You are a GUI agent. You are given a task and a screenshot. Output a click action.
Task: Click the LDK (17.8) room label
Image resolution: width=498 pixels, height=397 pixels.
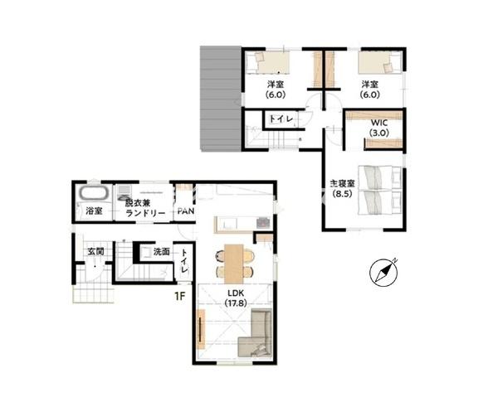236,298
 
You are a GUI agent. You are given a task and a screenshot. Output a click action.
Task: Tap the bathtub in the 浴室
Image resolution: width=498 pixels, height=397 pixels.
95,193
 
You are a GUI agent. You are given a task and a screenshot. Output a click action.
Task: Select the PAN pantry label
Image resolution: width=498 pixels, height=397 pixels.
186,211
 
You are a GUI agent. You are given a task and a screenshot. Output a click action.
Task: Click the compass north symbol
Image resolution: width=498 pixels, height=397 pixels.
384,272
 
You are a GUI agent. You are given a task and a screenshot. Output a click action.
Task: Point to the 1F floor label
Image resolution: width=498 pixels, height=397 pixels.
180,296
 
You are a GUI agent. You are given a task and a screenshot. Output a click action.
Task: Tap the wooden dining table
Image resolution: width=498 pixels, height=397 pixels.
233,264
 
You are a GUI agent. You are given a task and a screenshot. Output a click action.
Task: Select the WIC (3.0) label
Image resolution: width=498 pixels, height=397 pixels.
379,127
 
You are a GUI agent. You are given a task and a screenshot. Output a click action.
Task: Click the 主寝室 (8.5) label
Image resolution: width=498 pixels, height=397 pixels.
342,188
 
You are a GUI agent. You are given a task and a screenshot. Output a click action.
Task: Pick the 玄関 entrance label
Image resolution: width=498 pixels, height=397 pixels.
96,252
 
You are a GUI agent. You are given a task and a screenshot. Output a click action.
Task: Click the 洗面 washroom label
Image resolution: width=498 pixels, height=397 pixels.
161,252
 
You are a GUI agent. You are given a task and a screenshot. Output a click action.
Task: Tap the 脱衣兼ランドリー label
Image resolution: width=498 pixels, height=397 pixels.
144,208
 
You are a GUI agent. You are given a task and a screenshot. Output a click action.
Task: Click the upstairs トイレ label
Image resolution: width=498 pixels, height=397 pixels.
281,119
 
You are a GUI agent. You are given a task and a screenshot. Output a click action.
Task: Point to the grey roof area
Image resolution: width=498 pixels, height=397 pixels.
221,99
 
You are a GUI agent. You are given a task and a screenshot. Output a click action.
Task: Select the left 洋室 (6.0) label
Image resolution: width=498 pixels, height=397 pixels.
276,90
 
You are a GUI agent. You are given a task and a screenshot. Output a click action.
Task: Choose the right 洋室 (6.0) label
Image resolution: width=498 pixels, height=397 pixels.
370,90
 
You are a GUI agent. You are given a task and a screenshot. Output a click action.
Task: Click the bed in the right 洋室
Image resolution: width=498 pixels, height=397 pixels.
380,62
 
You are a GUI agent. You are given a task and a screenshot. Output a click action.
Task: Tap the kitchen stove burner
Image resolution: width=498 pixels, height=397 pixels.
263,222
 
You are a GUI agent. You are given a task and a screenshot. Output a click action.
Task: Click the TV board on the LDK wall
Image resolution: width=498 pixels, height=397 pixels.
201,329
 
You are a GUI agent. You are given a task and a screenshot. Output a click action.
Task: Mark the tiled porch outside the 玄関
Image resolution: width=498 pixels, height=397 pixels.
94,292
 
